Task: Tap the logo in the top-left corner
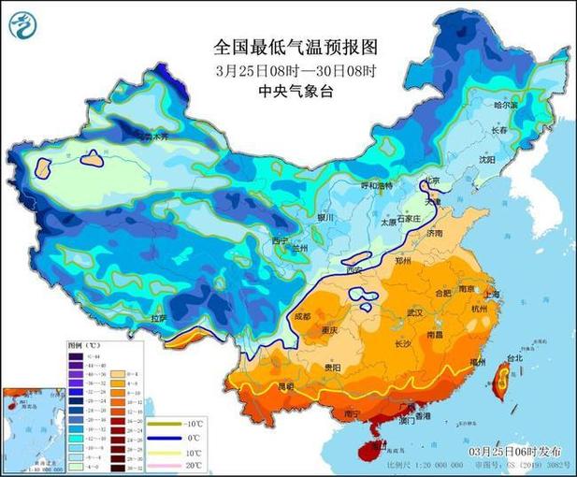pos(24,25)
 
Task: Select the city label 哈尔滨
pos(505,107)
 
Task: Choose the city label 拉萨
pos(159,318)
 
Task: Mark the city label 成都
pos(300,316)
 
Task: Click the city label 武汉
pos(416,313)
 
